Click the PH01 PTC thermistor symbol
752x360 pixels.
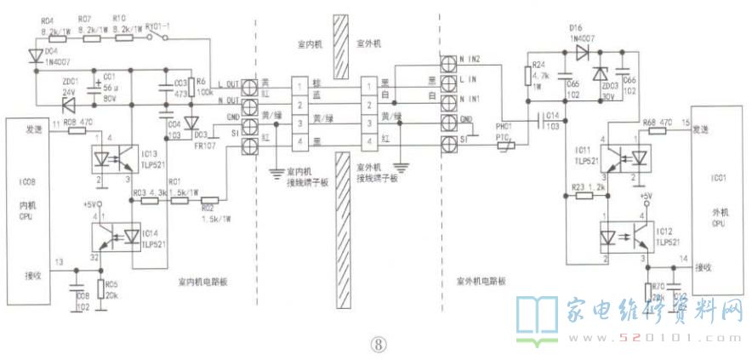(505, 148)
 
